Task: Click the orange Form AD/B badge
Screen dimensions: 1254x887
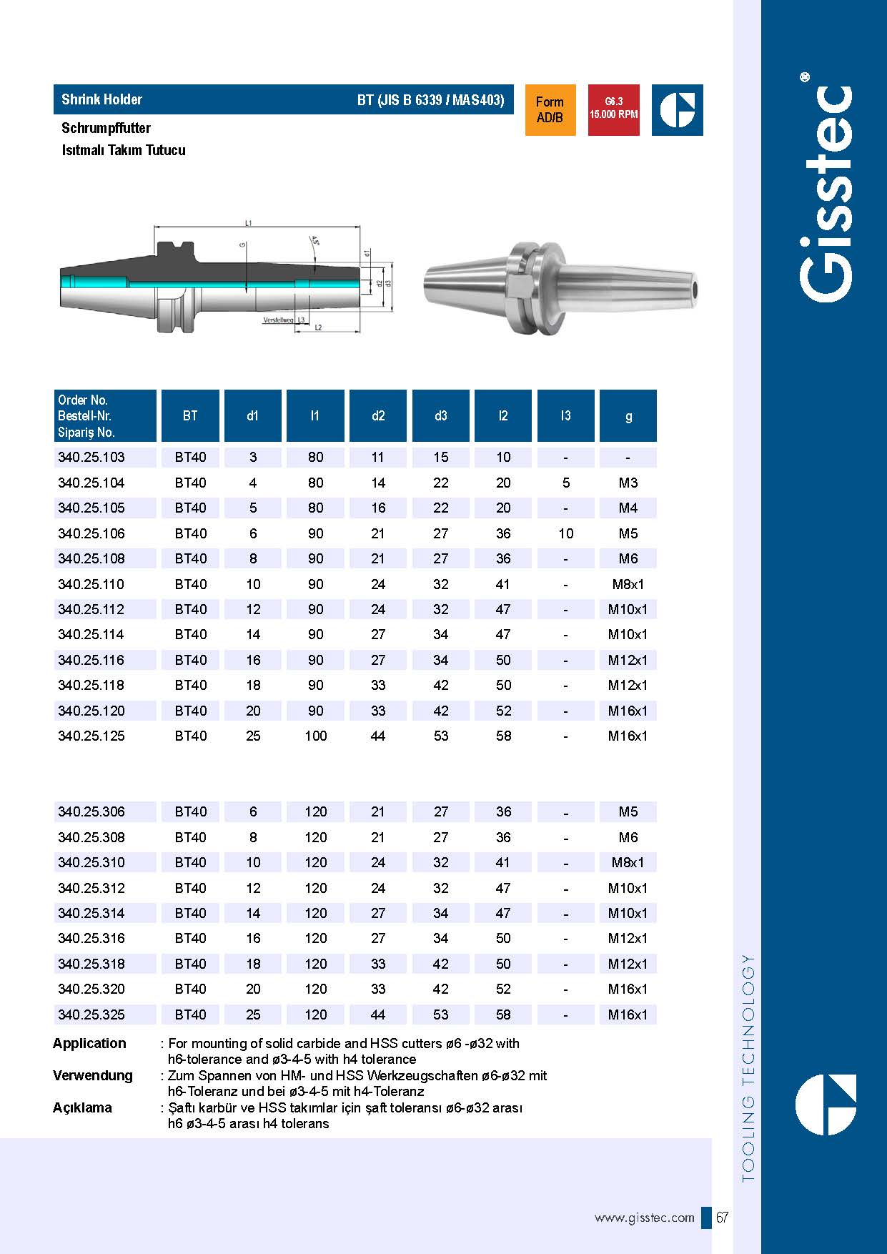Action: coord(550,110)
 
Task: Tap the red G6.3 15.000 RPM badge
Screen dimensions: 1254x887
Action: coord(613,109)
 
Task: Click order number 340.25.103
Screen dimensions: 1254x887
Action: coord(91,458)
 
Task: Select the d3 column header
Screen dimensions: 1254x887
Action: coord(440,416)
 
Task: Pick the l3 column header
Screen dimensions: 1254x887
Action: coord(565,416)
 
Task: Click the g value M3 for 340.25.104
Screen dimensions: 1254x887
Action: coord(628,483)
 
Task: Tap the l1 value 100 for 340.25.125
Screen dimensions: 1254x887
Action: coord(315,736)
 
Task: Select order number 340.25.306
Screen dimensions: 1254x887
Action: coord(91,812)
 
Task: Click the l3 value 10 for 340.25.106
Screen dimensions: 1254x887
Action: coord(565,534)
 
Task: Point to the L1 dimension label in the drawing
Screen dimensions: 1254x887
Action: coord(248,223)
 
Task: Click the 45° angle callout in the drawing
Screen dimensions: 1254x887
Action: coord(314,240)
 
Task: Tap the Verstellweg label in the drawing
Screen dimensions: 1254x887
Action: coord(278,320)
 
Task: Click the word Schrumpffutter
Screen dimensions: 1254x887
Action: coord(106,129)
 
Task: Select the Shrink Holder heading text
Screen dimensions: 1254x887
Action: coord(101,99)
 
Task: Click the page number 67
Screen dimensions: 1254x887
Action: coord(722,1218)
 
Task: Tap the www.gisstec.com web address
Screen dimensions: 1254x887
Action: coord(644,1218)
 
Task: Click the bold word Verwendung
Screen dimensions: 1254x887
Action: coord(93,1076)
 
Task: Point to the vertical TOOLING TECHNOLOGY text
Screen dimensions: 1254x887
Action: coord(748,1068)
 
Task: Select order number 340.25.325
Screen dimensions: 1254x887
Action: coord(91,1015)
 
